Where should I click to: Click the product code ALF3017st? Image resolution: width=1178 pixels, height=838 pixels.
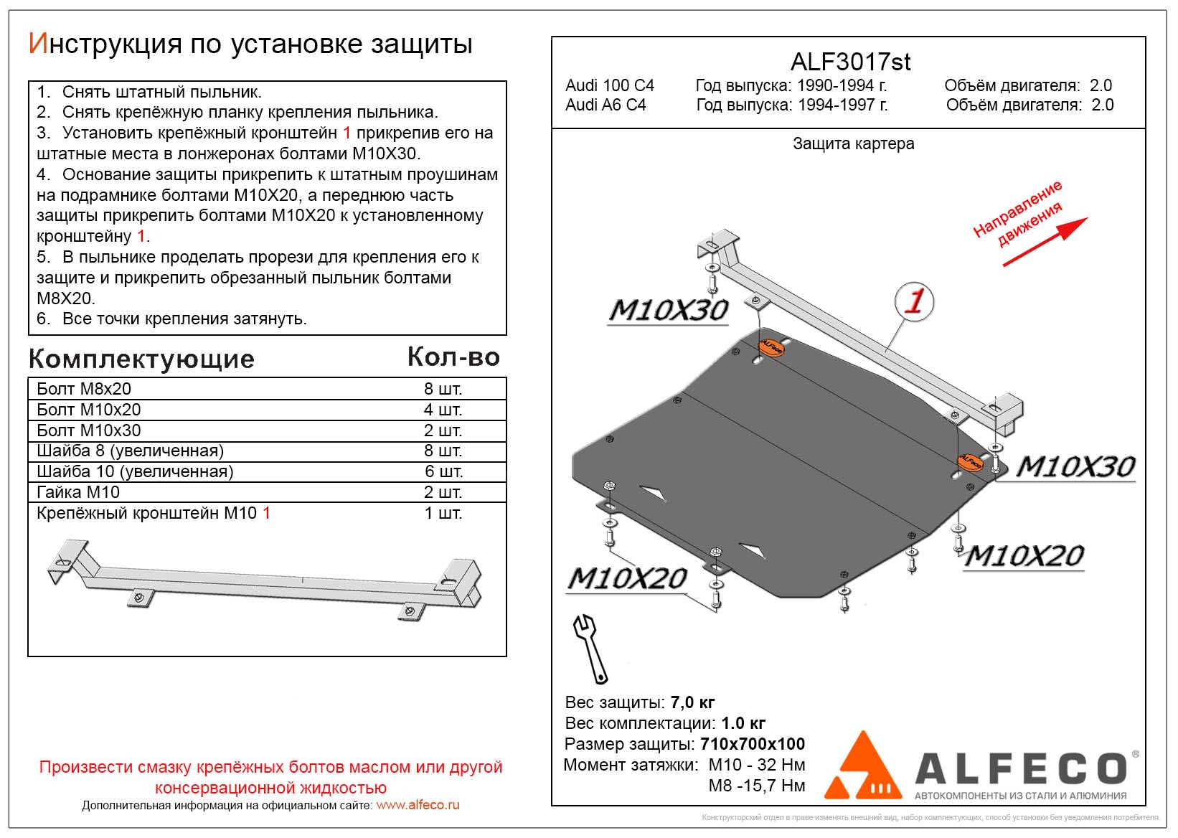click(x=850, y=62)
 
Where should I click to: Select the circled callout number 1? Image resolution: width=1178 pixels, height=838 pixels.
click(x=914, y=301)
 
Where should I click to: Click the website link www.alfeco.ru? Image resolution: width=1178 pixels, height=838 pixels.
click(x=418, y=805)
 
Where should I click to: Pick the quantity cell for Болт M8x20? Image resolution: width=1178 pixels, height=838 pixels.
click(x=443, y=390)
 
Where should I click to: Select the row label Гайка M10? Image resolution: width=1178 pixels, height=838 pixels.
click(x=78, y=492)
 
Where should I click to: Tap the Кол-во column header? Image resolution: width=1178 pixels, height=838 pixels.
click(x=453, y=357)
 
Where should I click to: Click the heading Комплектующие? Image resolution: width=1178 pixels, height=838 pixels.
click(x=141, y=359)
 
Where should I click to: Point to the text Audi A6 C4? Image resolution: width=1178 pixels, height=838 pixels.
click(x=606, y=105)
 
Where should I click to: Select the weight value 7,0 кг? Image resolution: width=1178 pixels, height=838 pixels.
click(x=692, y=702)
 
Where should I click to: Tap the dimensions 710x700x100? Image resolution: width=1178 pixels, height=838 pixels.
click(x=753, y=744)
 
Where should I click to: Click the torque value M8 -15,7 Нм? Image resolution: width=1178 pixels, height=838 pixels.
click(x=757, y=786)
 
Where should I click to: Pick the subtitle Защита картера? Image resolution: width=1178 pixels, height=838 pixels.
click(x=853, y=144)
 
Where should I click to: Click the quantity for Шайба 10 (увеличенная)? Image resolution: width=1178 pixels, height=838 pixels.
click(x=443, y=472)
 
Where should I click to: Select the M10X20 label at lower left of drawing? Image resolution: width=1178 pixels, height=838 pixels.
click(x=627, y=578)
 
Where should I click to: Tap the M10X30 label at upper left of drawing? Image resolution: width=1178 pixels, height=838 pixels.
click(x=668, y=311)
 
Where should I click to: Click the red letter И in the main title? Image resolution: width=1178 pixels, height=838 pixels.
click(x=37, y=44)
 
